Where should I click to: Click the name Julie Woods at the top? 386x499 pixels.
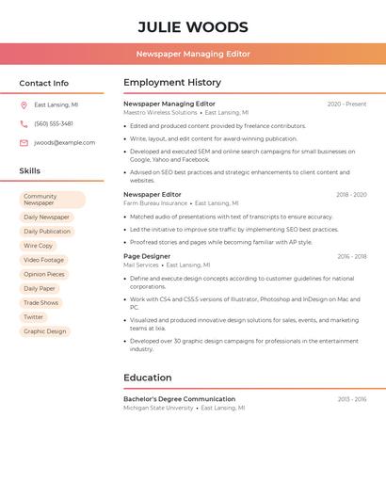click(193, 27)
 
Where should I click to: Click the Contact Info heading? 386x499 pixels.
click(44, 83)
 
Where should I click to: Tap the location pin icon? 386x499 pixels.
click(24, 105)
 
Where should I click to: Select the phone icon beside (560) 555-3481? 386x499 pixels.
click(24, 124)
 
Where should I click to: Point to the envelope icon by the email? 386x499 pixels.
click(24, 143)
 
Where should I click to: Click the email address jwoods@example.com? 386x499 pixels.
click(64, 143)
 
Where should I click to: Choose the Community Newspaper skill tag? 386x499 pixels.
click(52, 200)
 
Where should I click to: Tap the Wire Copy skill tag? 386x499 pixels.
click(39, 246)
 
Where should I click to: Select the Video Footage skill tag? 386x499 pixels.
click(44, 260)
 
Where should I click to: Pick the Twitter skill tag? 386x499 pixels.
click(34, 317)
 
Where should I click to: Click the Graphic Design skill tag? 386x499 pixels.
click(45, 331)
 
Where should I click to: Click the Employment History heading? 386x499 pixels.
click(172, 83)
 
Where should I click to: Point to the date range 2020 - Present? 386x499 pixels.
click(346, 105)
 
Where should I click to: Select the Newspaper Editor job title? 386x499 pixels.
click(153, 195)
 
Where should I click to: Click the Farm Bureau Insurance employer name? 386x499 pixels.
click(155, 203)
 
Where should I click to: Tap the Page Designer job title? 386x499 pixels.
click(147, 256)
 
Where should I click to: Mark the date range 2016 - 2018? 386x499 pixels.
click(352, 257)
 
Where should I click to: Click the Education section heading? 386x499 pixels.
click(148, 378)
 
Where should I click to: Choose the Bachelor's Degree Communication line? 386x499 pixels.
click(179, 399)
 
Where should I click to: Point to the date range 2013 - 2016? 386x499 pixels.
click(352, 399)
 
